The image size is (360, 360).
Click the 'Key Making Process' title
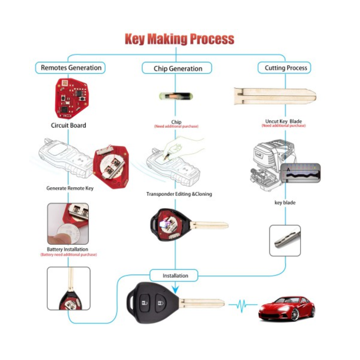point(180,39)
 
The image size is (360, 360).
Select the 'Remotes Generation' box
point(70,68)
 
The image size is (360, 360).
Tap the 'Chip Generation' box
point(177,68)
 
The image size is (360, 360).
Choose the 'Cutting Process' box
point(284,68)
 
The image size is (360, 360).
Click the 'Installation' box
point(174,275)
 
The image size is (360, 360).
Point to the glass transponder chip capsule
point(176,96)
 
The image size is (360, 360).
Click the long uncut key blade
point(275,96)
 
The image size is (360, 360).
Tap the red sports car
point(287,308)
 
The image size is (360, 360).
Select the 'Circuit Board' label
point(68,126)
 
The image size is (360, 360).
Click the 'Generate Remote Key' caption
point(70,188)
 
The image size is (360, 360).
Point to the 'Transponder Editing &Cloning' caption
point(179,194)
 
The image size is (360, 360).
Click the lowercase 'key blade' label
point(285,202)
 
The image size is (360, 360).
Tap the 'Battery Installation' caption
point(67,249)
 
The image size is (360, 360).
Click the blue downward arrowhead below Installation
point(175,290)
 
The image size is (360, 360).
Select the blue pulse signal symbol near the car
point(243,305)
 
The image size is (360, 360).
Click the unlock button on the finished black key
point(144,303)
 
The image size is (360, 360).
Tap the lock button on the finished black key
point(161,303)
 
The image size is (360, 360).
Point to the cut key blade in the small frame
point(287,240)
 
